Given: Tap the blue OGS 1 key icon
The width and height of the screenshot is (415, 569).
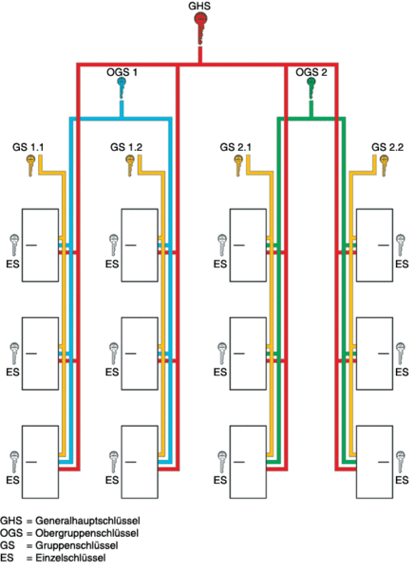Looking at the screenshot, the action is (x=122, y=87).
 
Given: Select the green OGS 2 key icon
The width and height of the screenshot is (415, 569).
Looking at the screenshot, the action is (x=311, y=87).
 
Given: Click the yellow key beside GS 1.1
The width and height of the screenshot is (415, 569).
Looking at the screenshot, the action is (x=30, y=165).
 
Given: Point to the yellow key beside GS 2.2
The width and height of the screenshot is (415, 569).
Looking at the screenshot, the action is (x=384, y=165).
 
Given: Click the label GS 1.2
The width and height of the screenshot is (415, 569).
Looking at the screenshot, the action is (x=126, y=147).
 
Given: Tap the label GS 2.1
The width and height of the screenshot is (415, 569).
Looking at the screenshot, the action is (x=236, y=147).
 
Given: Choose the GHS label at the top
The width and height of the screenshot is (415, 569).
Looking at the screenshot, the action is (x=199, y=6).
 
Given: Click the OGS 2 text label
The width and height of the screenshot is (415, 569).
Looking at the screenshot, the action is (x=311, y=72).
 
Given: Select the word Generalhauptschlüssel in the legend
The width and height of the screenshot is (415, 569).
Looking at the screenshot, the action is (x=87, y=521).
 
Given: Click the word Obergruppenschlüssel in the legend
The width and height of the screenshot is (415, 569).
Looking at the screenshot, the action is (x=86, y=533).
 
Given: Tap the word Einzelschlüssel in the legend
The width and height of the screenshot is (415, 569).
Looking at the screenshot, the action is (x=70, y=558).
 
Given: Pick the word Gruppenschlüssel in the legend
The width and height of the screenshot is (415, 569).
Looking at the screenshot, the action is (x=77, y=545).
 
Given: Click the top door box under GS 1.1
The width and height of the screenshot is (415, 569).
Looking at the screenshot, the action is (x=40, y=245).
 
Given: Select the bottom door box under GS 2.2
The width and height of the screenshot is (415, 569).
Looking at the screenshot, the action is (x=374, y=462).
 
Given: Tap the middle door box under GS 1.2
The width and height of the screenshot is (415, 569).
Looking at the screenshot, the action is (x=140, y=354).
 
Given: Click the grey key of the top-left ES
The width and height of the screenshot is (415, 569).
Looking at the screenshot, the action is (x=14, y=245).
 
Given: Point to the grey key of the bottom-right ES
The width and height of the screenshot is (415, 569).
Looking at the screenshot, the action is (x=400, y=462).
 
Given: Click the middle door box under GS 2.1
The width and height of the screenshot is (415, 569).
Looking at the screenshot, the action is (x=248, y=354).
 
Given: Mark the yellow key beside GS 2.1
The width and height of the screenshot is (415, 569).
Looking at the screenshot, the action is (x=238, y=165).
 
